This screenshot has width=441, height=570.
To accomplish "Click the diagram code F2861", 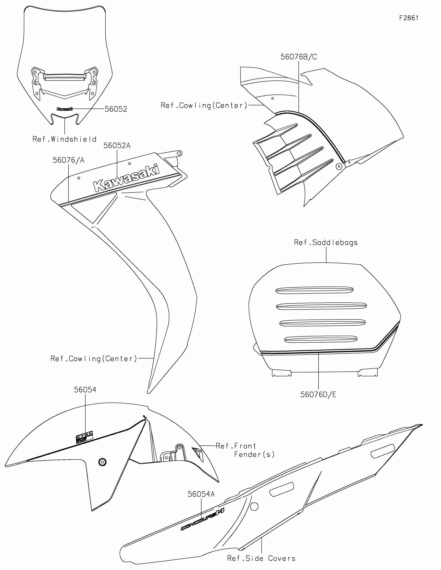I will [x=409, y=18].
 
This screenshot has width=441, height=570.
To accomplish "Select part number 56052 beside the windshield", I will [x=116, y=109].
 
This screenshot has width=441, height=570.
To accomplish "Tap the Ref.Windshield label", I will [x=64, y=139].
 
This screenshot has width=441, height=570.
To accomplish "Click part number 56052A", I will [x=117, y=146].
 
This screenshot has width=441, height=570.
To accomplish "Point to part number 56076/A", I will [x=68, y=160].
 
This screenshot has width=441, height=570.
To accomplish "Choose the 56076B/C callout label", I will [x=299, y=57].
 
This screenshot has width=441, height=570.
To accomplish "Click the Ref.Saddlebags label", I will [x=326, y=242].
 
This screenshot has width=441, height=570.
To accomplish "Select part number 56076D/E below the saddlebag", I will [x=318, y=395].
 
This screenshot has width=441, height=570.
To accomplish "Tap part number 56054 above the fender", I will [x=85, y=390].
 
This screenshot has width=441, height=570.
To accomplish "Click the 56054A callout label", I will [x=201, y=494].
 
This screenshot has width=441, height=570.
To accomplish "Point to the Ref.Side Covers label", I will [x=261, y=558].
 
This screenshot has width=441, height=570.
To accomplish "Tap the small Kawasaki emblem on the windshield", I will [x=64, y=109].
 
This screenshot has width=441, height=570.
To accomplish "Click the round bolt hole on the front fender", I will [x=102, y=462].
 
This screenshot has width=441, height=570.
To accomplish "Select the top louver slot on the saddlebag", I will [x=314, y=290].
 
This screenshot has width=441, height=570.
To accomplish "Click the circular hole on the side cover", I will [x=254, y=507].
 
